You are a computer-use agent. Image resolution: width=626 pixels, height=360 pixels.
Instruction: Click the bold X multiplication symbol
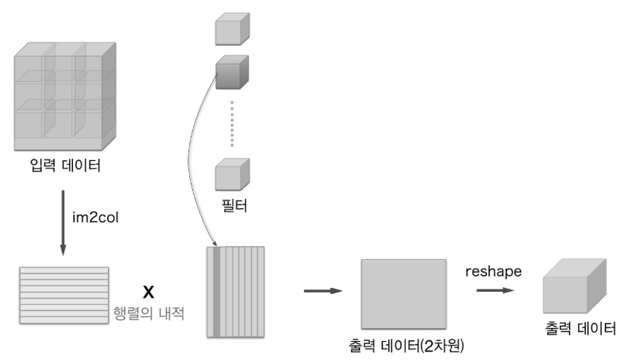pos(149,291)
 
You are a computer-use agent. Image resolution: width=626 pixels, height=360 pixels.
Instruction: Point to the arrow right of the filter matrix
pos(318,291)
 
